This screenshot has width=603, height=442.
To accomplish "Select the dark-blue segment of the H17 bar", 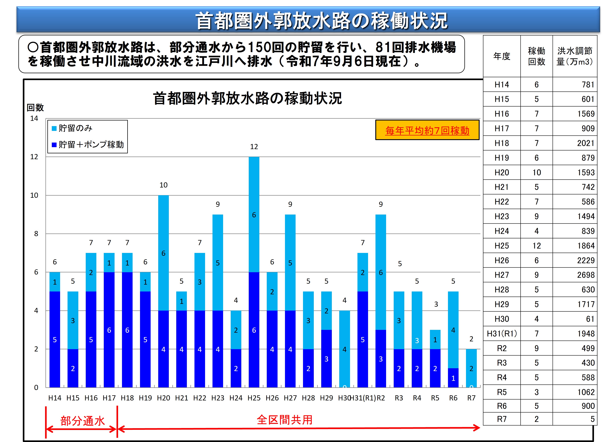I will pyautogui.click(x=109, y=330).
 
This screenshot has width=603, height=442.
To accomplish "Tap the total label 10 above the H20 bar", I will pyautogui.click(x=163, y=185).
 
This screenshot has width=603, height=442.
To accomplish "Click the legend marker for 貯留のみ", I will pyautogui.click(x=54, y=128).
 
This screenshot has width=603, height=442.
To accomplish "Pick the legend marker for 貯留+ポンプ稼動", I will pyautogui.click(x=54, y=145).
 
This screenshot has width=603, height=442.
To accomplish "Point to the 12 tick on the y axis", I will pyautogui.click(x=34, y=157).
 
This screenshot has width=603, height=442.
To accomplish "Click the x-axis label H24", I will pyautogui.click(x=236, y=398).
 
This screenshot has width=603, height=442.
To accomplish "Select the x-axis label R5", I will pyautogui.click(x=435, y=398).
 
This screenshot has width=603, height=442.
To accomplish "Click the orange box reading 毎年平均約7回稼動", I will pyautogui.click(x=427, y=130).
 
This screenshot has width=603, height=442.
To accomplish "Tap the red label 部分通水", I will pyautogui.click(x=82, y=421).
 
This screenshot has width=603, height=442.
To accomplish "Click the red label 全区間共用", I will pyautogui.click(x=284, y=420).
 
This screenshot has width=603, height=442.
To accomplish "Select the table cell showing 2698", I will pyautogui.click(x=586, y=275).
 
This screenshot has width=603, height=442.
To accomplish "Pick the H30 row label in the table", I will pyautogui.click(x=502, y=319).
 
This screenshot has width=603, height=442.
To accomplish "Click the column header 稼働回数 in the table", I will pyautogui.click(x=536, y=56).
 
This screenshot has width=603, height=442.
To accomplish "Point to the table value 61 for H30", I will pyautogui.click(x=590, y=319).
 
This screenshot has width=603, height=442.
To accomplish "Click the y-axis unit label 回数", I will pyautogui.click(x=35, y=108).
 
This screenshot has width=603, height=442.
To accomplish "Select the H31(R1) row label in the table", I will pyautogui.click(x=502, y=333).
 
